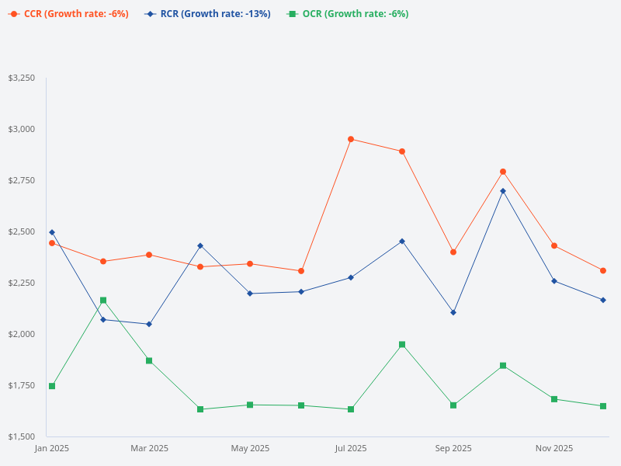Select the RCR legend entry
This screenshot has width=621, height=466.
(x=208, y=14)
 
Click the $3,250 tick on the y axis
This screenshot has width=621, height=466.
(x=21, y=78)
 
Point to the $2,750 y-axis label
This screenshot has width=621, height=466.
(x=21, y=180)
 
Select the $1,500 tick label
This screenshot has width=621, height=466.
(x=21, y=436)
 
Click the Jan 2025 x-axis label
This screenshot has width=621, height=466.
(x=52, y=448)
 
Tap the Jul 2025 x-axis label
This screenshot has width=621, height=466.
(x=351, y=448)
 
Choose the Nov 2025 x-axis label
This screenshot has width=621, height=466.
(x=554, y=448)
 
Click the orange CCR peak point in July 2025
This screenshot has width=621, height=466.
(x=351, y=139)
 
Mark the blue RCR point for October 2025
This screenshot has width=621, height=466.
(x=503, y=191)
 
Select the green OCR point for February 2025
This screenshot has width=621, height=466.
(x=103, y=301)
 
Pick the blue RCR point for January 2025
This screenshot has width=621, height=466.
(x=52, y=232)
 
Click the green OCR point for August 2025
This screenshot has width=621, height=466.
(x=402, y=344)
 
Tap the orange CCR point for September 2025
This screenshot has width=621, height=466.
(x=453, y=252)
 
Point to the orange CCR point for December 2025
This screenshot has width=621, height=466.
(x=603, y=270)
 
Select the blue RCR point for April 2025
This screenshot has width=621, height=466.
(x=200, y=245)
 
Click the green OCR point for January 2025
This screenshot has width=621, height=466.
(x=52, y=386)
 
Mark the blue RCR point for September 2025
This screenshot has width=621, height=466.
(x=453, y=312)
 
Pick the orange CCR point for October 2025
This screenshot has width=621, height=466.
(x=503, y=172)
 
